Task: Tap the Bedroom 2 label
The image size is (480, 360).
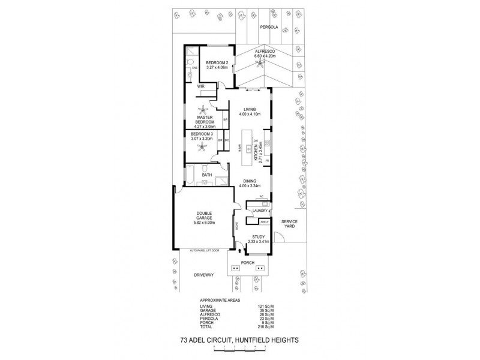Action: (x=215, y=62)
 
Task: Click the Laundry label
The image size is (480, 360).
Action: (x=260, y=211)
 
